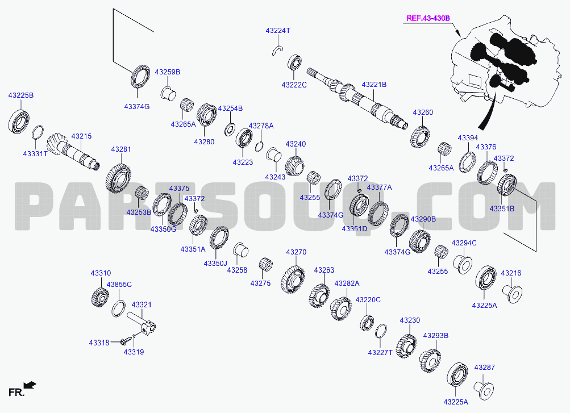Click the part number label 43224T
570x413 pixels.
(278, 31)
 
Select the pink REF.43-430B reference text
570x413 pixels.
(428, 18)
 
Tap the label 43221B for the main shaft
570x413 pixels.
(374, 84)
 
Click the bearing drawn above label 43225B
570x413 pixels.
(19, 119)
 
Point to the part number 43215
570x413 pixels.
(81, 136)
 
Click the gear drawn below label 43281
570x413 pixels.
(119, 178)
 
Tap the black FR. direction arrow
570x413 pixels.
(30, 385)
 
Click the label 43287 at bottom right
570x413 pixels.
(485, 368)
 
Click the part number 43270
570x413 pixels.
(296, 252)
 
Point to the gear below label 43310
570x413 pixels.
(99, 296)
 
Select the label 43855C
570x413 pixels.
(119, 285)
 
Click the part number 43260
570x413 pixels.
(423, 112)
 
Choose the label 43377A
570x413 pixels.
(379, 187)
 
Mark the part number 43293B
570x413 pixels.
(435, 336)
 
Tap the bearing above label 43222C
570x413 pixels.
(294, 63)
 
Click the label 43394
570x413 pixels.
(468, 138)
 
